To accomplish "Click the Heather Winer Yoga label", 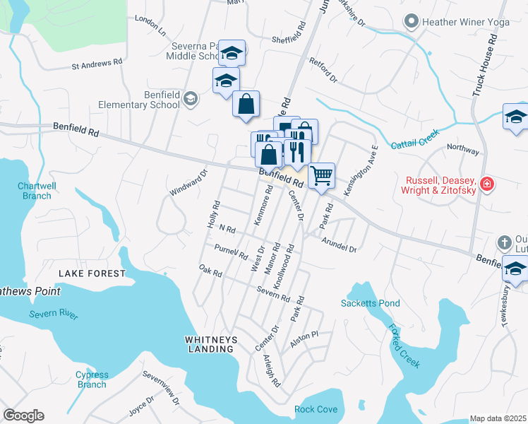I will [465, 22].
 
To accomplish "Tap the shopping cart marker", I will [321, 174].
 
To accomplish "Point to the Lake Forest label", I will [92, 273].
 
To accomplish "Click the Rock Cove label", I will [316, 409].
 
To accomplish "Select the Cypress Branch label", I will [92, 379].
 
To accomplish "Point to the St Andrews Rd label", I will [97, 64].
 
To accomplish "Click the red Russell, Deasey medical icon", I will [486, 184].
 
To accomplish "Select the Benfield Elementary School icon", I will [190, 98].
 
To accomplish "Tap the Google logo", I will [23, 416].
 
